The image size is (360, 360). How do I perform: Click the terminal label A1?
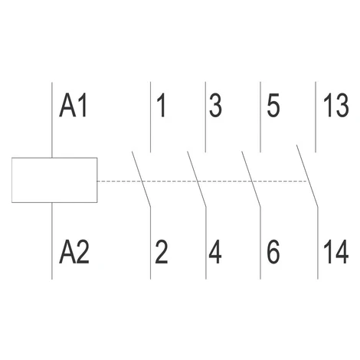coord(74,106)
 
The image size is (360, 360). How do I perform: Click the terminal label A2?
coord(74,251)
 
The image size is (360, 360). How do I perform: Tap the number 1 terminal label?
coord(162,106)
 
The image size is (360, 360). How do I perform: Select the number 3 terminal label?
coord(215,106)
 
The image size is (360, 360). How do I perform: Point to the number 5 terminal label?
coord(273,106)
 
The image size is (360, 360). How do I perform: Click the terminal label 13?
coord(336,106)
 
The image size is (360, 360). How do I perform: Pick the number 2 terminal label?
coord(162,251)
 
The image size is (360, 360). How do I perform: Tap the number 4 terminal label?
coord(215,251)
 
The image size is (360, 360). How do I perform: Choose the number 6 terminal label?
coord(273,251)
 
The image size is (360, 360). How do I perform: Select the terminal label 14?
coord(336,251)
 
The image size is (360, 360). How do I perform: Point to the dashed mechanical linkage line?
coord(201,182)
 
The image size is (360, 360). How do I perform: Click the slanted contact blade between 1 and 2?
coord(141,178)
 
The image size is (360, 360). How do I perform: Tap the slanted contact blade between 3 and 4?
coord(197,178)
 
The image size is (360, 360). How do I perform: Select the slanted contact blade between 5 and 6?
coord(251,178)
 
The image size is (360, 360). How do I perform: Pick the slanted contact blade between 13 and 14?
coord(307,175)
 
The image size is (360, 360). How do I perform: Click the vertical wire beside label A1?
coord(52,119)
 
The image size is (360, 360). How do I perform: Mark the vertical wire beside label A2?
coord(52,241)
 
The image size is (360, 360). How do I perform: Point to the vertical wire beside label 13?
coord(316,117)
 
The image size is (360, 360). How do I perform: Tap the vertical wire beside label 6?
coord(260,243)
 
